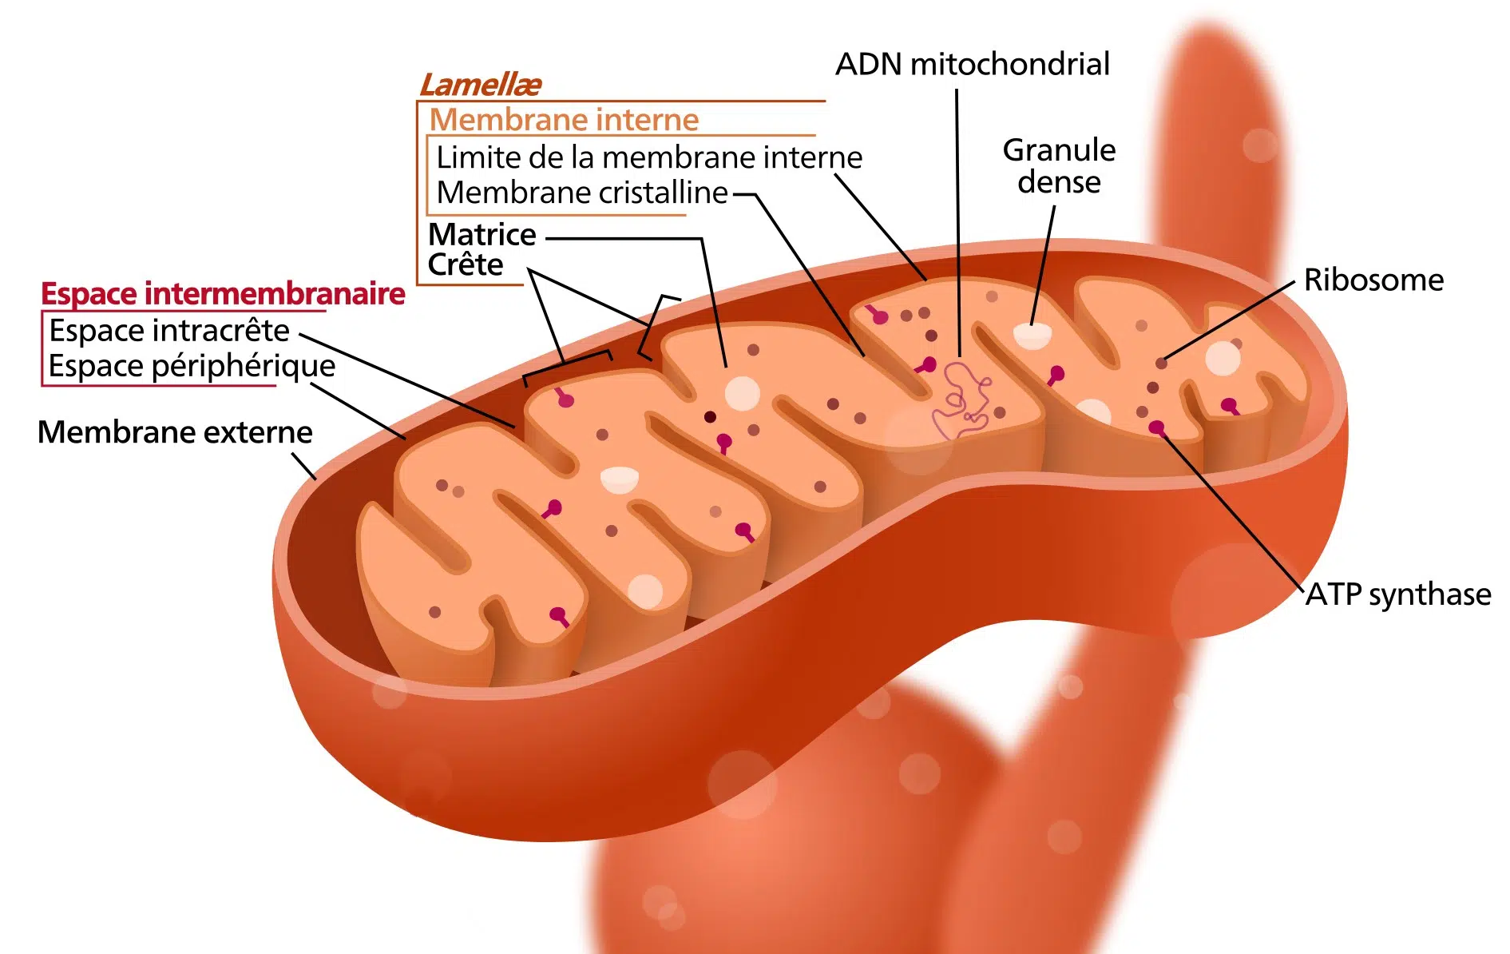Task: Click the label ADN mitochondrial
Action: [972, 65]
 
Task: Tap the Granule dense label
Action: [1059, 166]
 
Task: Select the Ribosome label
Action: [1373, 280]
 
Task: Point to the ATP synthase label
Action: [1398, 594]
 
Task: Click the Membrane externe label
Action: [175, 432]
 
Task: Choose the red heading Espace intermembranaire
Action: [223, 294]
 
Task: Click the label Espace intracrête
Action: [169, 331]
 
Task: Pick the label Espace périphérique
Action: [192, 366]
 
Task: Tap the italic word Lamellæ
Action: [481, 85]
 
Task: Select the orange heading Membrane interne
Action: [564, 120]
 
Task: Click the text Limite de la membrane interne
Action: [649, 157]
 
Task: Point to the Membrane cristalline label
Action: [582, 193]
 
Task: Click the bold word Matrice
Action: [482, 235]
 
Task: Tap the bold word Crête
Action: [466, 264]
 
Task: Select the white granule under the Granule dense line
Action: [1032, 336]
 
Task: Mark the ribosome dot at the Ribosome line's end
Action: [1162, 364]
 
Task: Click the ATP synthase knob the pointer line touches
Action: [1156, 428]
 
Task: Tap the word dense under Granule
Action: [1059, 183]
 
